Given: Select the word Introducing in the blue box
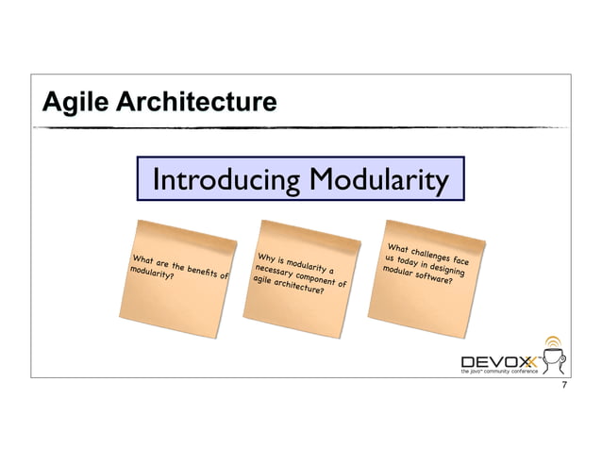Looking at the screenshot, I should (224, 179).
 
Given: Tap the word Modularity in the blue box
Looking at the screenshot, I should (376, 179).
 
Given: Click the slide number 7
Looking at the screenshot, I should (563, 389).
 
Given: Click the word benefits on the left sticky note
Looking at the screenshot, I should (201, 273).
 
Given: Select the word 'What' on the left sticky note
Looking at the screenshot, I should (144, 259).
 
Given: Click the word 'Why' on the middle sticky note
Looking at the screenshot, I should (267, 257).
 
